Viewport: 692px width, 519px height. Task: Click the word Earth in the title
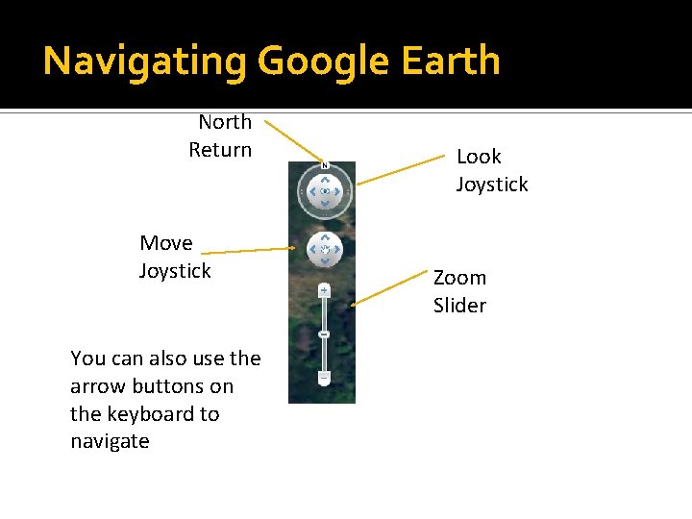click(452, 61)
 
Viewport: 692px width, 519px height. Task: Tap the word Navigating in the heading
click(145, 62)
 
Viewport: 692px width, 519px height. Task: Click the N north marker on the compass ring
click(325, 164)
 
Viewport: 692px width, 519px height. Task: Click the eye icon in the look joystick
click(325, 191)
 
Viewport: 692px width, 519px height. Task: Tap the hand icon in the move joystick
click(325, 250)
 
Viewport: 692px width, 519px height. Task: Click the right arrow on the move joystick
click(336, 250)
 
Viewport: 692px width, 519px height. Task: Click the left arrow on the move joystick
click(313, 250)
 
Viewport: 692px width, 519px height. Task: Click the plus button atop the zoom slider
click(324, 289)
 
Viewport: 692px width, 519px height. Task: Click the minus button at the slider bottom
click(324, 378)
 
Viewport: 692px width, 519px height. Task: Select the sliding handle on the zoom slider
click(324, 334)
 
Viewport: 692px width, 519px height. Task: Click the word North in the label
click(225, 122)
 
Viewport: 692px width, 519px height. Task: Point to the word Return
click(220, 150)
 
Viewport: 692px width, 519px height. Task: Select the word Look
click(479, 157)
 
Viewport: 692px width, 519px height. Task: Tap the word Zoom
click(459, 278)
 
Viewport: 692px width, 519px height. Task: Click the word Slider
click(459, 306)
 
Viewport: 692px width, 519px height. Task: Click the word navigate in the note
click(110, 442)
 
